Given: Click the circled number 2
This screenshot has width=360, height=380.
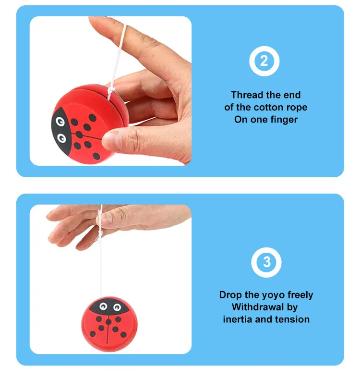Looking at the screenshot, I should [x=264, y=61].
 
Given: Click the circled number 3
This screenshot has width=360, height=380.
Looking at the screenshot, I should [x=266, y=263].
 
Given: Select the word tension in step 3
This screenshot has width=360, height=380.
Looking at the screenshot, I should [x=292, y=319].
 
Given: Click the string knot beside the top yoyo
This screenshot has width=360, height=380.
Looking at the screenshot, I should [x=111, y=88].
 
